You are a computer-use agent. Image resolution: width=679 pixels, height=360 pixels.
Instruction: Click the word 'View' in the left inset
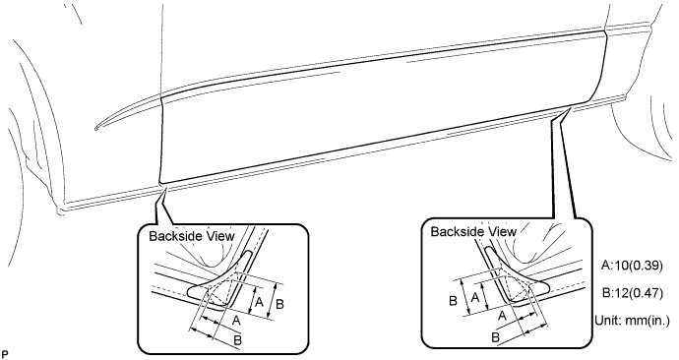coord(216,236)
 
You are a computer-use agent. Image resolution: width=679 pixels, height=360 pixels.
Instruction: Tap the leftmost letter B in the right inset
coord(452,300)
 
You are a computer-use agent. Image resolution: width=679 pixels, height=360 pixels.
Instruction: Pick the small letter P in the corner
coord(6,351)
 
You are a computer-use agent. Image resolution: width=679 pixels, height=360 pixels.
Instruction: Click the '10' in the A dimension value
coord(621,266)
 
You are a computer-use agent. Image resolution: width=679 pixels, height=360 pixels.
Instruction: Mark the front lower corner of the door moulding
coord(160,181)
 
